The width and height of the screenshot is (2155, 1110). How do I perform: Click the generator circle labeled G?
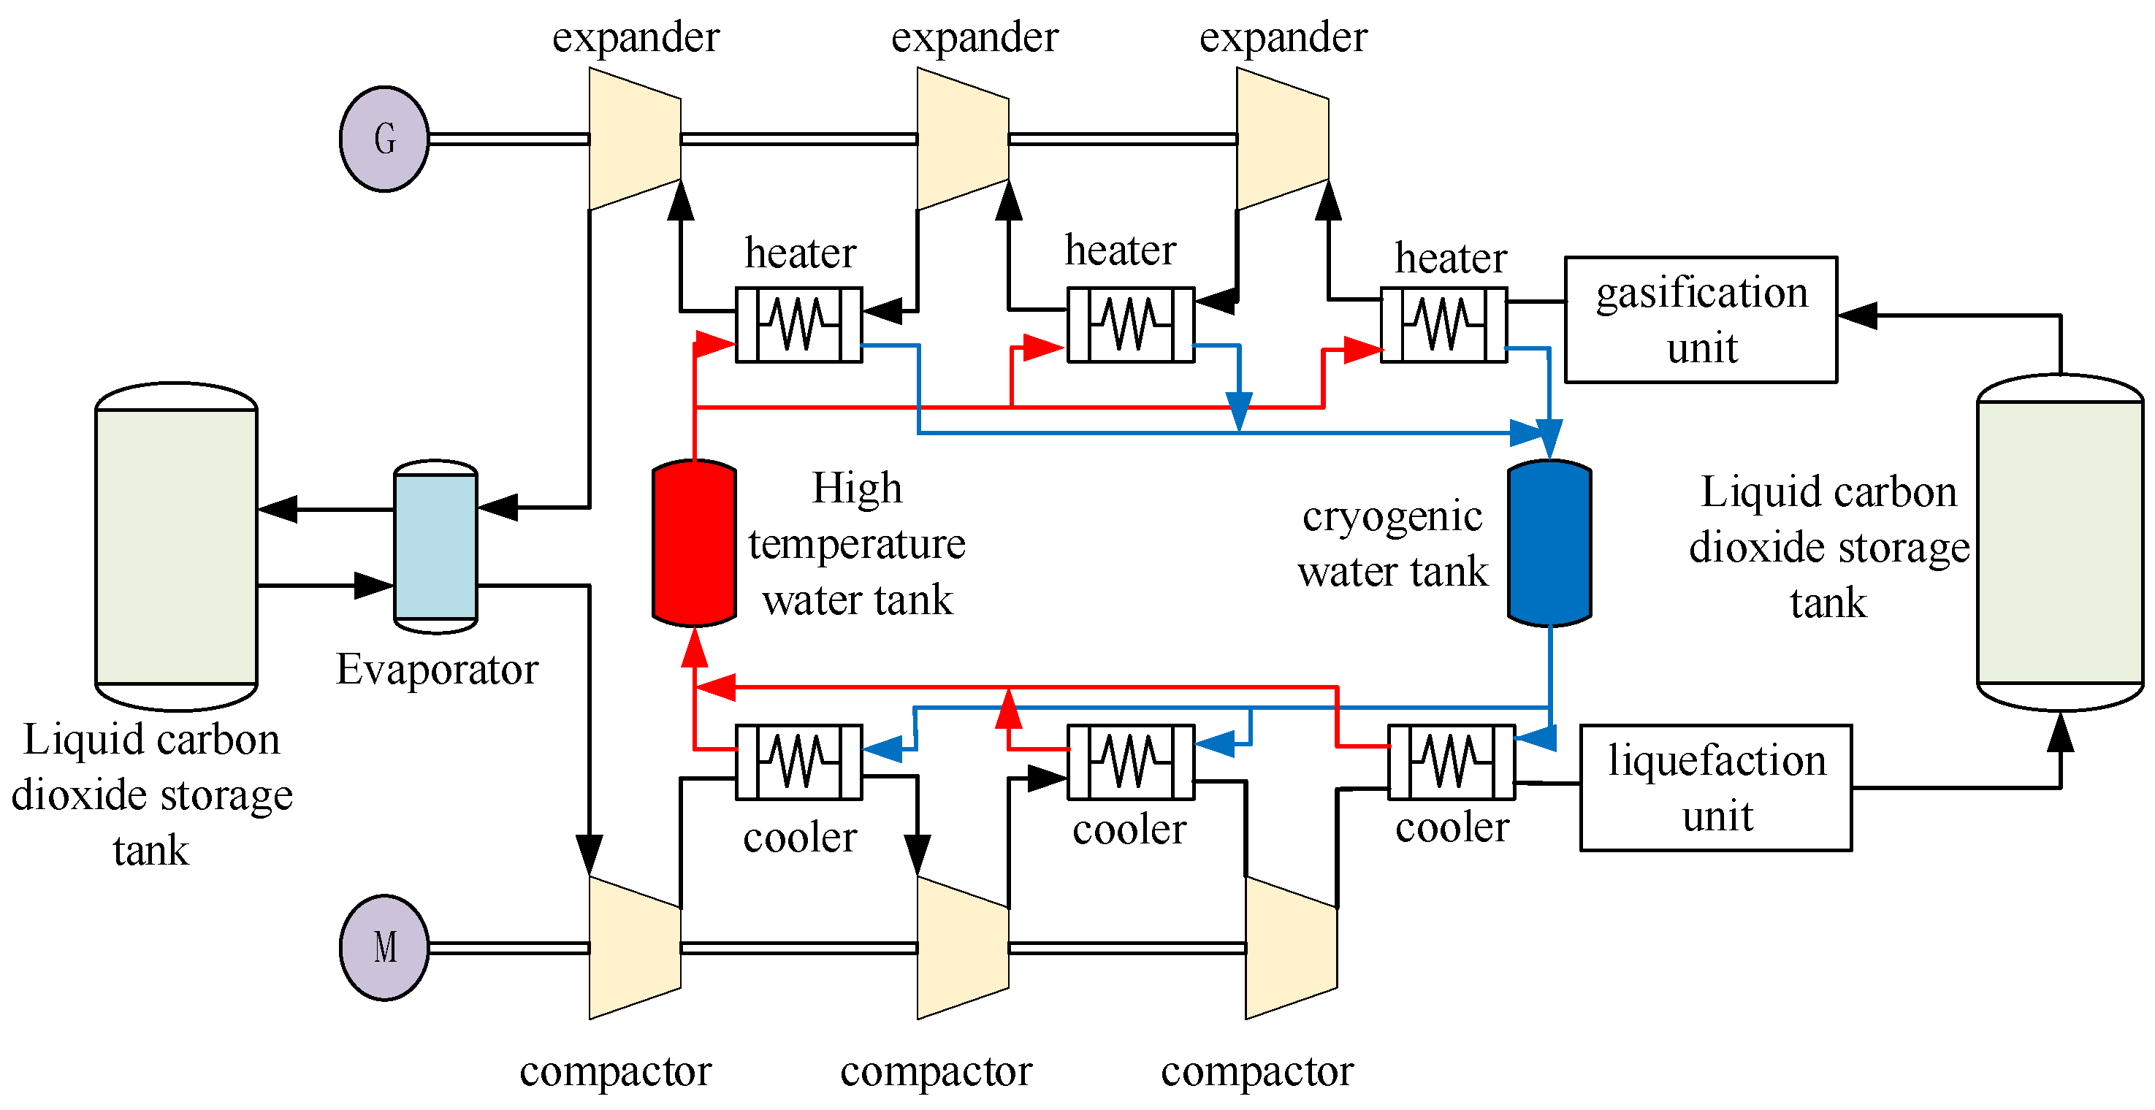384,139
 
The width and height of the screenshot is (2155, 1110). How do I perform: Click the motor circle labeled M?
384,947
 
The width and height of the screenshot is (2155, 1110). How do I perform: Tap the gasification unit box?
1700,320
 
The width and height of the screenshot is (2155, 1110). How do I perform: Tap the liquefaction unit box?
1715,787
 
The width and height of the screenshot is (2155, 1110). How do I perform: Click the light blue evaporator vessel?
435,546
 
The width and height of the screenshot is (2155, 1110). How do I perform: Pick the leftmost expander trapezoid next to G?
634,139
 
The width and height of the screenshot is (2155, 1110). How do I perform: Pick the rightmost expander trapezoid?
1281,139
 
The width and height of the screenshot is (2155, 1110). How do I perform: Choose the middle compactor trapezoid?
962,947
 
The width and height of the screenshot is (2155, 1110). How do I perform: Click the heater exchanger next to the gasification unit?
1443,324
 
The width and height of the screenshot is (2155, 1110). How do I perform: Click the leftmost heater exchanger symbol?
798,324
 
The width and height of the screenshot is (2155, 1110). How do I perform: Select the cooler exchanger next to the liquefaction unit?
1451,762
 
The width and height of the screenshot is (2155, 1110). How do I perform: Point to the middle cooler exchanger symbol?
1130,762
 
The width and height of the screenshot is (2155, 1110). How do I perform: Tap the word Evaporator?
437,669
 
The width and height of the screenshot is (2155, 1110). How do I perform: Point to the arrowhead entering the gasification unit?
1857,316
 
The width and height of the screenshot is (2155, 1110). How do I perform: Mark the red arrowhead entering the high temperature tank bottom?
695,648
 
